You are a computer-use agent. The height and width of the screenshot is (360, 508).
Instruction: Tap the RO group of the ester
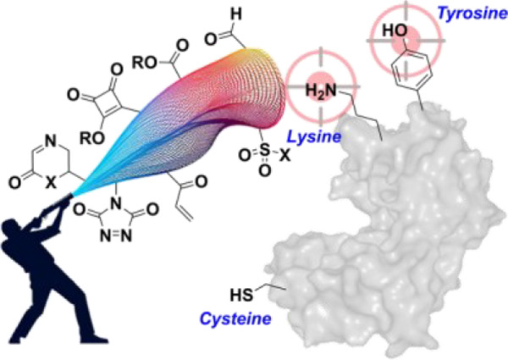142,64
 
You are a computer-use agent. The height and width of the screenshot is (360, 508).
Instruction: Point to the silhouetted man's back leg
25,322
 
